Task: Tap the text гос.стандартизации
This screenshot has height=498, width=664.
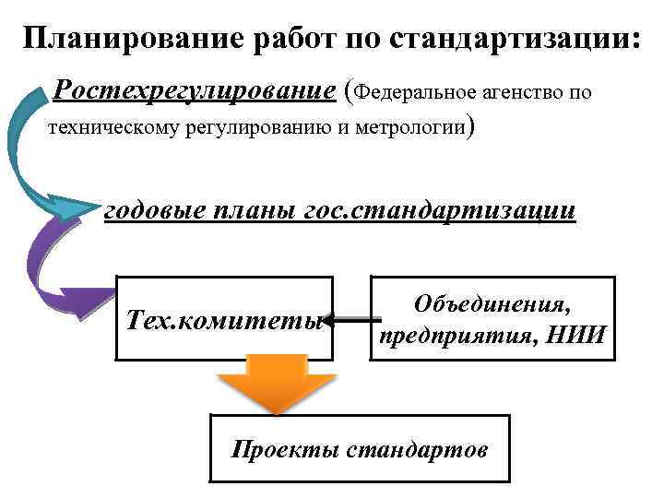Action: pos(440,210)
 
